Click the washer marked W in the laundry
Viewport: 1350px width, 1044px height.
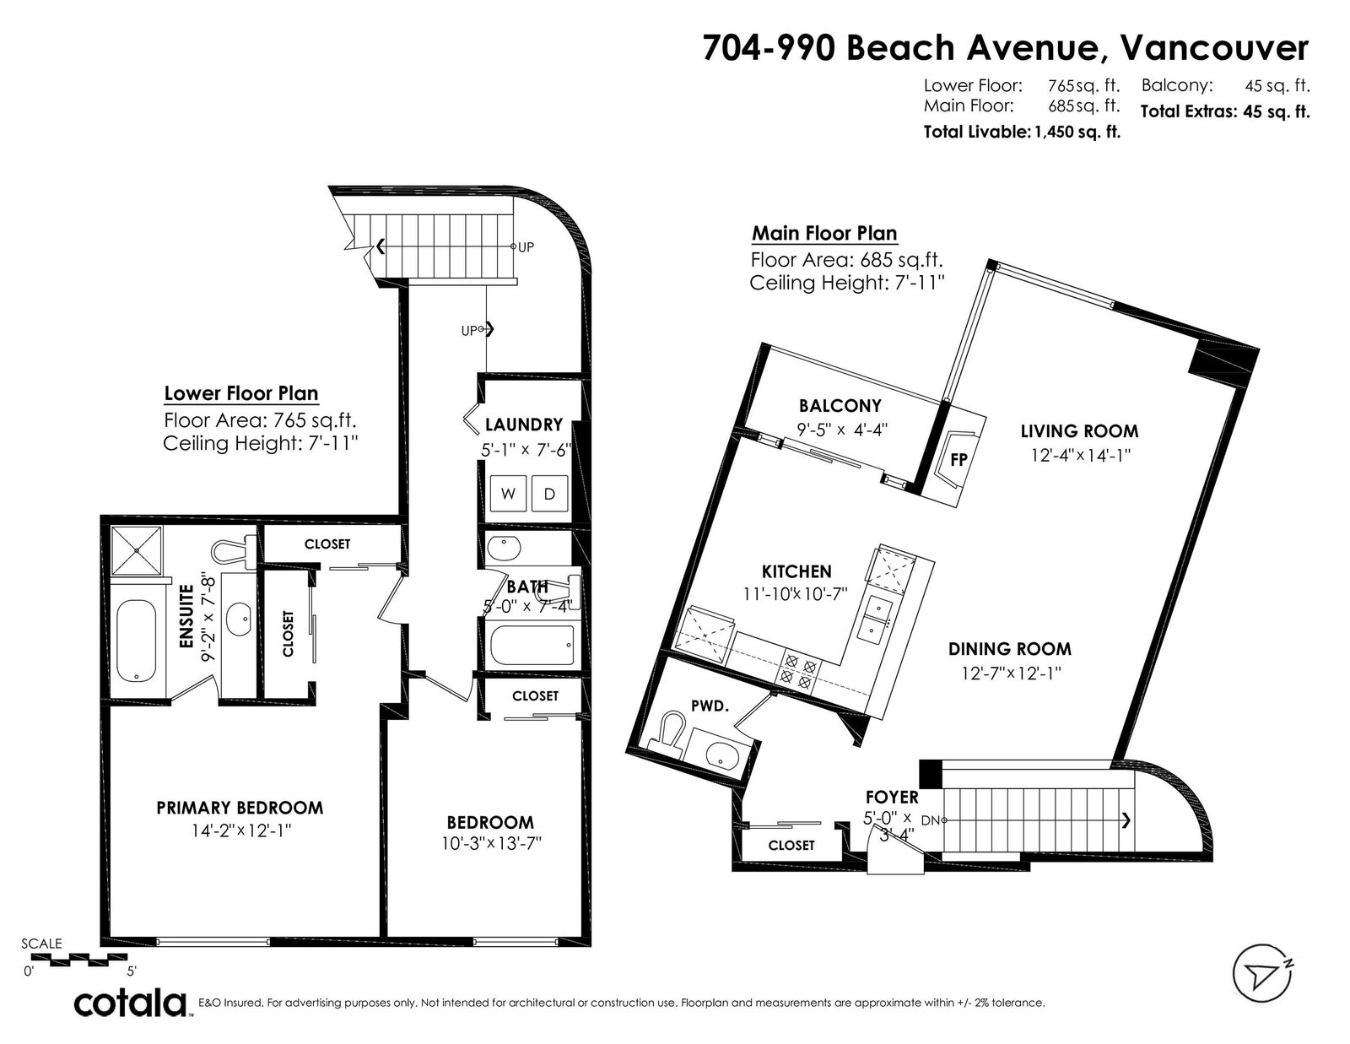click(x=508, y=494)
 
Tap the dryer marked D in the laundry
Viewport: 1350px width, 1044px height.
click(x=549, y=494)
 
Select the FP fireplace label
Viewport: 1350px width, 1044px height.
click(x=959, y=459)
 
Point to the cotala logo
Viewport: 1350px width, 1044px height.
click(x=131, y=1003)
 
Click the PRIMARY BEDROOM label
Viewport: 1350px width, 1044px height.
click(x=240, y=808)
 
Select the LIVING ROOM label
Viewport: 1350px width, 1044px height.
click(x=1080, y=430)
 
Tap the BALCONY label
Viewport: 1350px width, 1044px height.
click(x=840, y=406)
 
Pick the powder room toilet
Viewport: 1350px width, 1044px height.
click(x=666, y=734)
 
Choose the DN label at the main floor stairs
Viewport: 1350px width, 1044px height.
click(x=930, y=820)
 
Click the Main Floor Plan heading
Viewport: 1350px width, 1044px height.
click(x=824, y=234)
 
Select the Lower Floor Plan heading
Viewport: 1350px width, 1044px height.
click(x=241, y=393)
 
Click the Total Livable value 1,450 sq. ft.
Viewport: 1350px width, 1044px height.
click(x=1077, y=132)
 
